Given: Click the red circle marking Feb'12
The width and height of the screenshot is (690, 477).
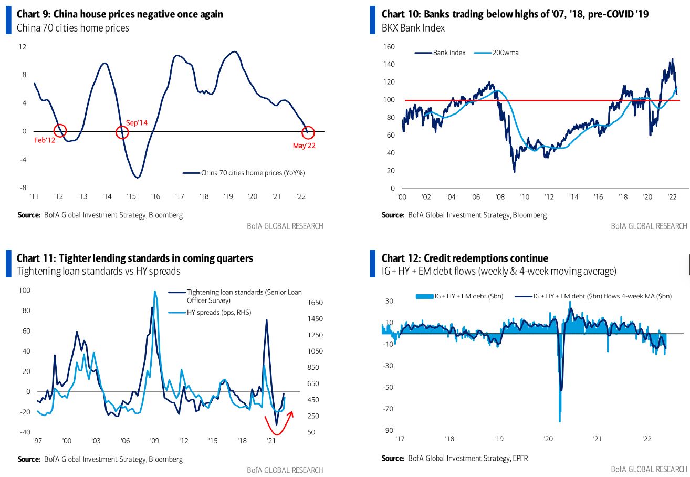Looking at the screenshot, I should (x=60, y=131).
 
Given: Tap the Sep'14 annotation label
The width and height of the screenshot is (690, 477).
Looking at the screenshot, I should (x=137, y=122).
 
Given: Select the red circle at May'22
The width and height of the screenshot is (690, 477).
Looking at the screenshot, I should (x=308, y=132).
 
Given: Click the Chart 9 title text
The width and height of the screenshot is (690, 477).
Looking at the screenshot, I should (x=120, y=14).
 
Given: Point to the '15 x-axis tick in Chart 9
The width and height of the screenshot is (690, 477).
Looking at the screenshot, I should (x=131, y=196).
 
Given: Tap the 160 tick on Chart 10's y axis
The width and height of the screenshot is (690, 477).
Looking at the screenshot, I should (x=388, y=47).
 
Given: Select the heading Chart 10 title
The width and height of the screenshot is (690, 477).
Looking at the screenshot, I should (x=515, y=14).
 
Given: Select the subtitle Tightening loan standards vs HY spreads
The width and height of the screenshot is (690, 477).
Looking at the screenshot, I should (x=98, y=271).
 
